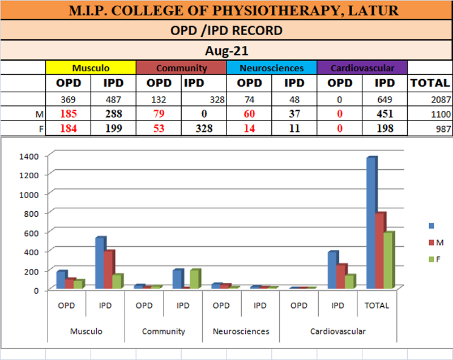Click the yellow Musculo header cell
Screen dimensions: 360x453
coord(91,68)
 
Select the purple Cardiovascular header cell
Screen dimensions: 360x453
coord(362,68)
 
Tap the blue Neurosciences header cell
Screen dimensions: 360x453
coord(271,68)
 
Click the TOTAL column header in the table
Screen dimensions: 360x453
coord(430,83)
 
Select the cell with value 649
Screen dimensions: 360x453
coord(385,100)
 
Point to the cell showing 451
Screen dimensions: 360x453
coord(385,114)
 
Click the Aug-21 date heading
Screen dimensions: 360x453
coord(226,51)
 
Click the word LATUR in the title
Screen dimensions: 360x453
coord(374,11)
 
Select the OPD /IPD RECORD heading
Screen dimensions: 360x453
coord(226,31)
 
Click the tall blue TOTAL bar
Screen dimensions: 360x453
coord(371,224)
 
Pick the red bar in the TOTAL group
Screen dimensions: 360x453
coord(380,251)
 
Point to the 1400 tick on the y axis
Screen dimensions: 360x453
coord(28,155)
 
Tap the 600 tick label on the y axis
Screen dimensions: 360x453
coord(31,233)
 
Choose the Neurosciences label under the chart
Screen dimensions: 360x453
coord(241,331)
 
